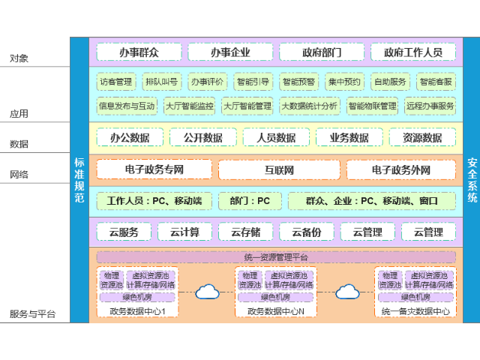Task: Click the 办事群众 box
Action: point(139,52)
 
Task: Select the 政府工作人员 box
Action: point(413,52)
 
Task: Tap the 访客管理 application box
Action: point(115,82)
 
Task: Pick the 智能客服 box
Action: point(436,82)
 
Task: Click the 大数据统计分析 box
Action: point(309,106)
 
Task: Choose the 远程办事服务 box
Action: point(430,106)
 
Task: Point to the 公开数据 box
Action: point(196,137)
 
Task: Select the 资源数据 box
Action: point(421,137)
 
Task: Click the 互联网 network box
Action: point(279,170)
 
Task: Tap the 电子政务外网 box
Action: point(400,170)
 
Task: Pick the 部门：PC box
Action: point(250,201)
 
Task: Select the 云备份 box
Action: point(306,232)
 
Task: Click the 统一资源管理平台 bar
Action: point(276,257)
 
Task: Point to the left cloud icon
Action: point(207,292)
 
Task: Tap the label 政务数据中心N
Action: point(276,311)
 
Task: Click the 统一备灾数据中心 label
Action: point(415,311)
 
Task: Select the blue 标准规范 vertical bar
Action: point(79,180)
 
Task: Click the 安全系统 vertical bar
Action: point(472,180)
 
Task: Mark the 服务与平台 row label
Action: point(32,314)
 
